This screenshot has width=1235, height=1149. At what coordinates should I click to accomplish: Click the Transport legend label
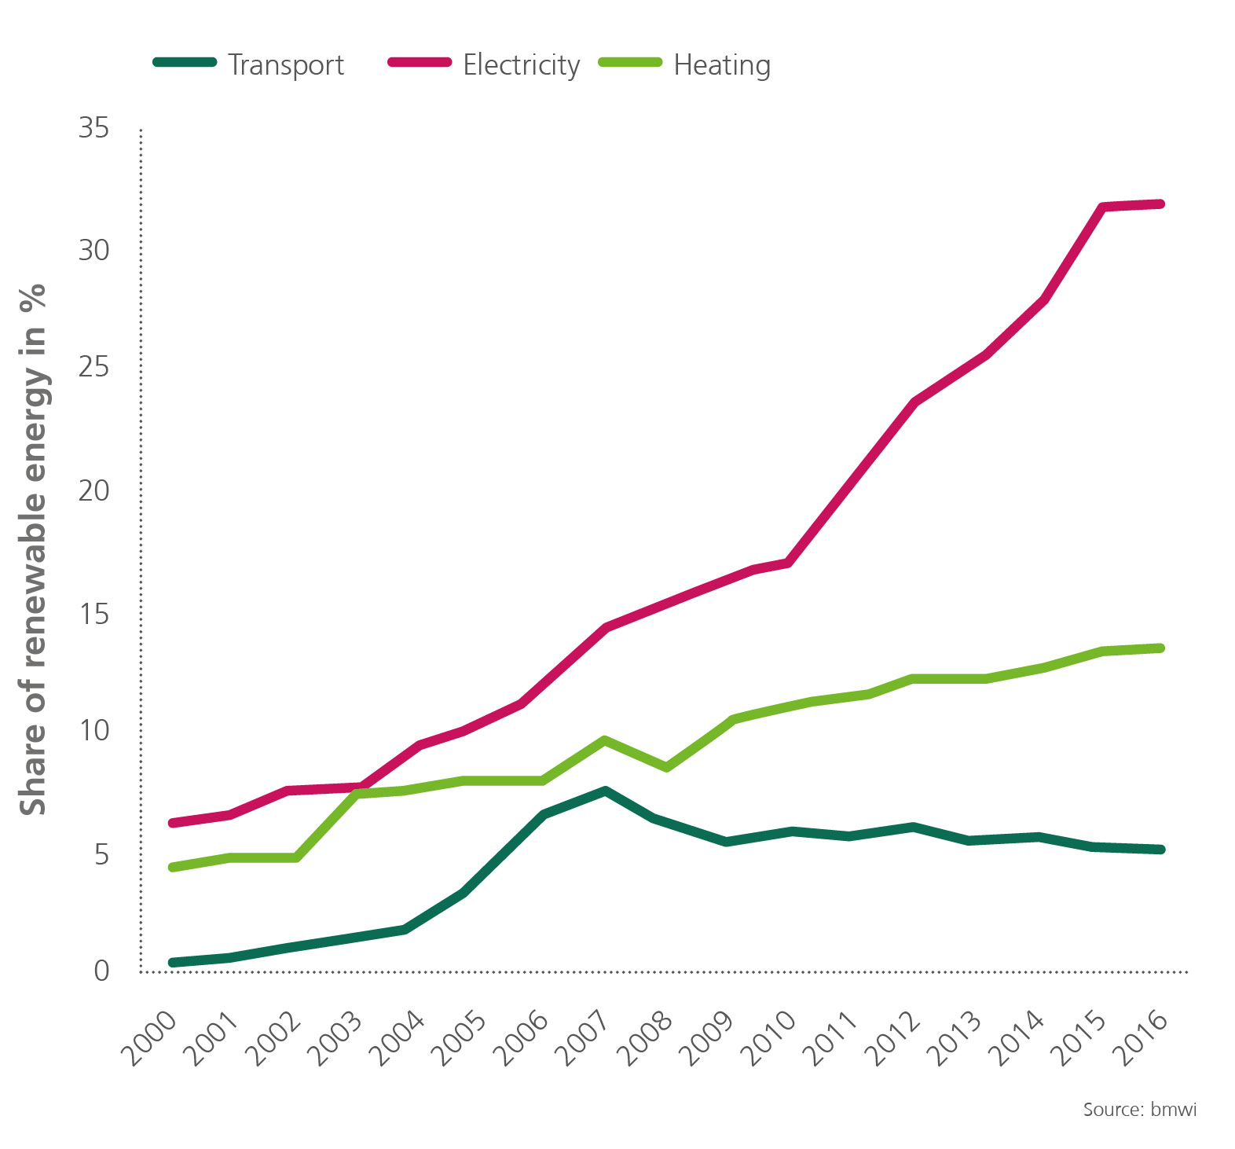pos(286,65)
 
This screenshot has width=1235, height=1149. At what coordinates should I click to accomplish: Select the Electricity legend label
pos(521,65)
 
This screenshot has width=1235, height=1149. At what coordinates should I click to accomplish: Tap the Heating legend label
pos(722,65)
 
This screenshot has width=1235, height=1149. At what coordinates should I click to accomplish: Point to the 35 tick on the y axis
pos(93,128)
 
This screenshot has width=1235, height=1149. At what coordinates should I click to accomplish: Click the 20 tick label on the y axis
pos(93,491)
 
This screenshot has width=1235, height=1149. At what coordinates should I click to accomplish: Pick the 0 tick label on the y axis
pos(101,971)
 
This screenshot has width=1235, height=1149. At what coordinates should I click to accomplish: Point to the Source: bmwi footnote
pos(1139,1110)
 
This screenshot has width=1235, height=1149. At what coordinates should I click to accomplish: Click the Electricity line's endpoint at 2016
pos(1160,204)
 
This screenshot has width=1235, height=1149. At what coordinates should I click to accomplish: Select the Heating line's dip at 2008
pos(666,767)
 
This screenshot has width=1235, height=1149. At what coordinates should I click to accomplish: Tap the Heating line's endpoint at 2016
pos(1160,648)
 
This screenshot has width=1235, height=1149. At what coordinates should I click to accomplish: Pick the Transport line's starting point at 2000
pos(172,963)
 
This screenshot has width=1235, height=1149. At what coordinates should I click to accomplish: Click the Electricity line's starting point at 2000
pos(172,823)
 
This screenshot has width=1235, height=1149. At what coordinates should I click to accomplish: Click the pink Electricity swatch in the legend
pos(420,62)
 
